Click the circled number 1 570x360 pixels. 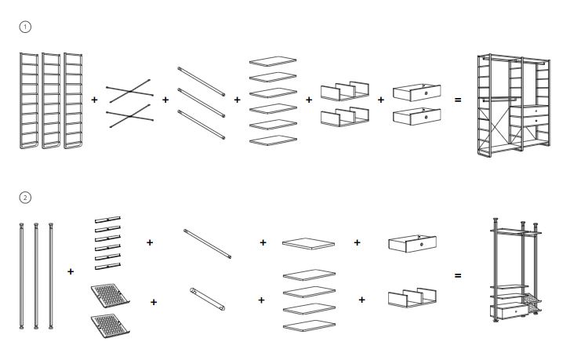25,27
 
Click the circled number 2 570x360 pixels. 25,198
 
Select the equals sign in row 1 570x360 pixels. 458,100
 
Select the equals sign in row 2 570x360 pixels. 458,275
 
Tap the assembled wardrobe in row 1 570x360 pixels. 514,105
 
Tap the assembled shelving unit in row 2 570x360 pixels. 515,270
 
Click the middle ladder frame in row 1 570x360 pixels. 51,100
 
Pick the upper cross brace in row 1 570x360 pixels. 129,91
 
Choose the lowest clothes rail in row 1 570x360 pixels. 201,124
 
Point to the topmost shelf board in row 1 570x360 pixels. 273,61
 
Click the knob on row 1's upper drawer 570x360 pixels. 426,93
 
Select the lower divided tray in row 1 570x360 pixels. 345,116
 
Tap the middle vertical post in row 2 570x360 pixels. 36,275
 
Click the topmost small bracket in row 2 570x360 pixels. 107,219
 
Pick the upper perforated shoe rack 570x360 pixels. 110,295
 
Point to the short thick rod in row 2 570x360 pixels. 207,299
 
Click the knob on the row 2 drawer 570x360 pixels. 422,245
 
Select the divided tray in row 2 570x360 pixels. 412,297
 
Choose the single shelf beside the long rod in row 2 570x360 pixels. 308,244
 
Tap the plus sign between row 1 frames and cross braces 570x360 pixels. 94,100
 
